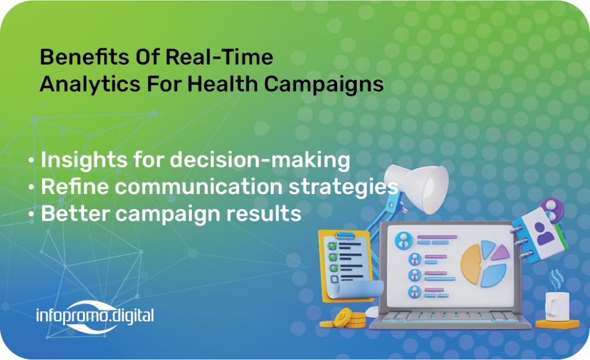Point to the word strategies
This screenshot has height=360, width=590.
coord(343,187)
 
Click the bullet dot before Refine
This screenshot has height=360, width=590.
coord(31,187)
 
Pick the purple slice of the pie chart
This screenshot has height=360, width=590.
coord(501,252)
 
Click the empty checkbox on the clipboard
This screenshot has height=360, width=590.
coord(334,279)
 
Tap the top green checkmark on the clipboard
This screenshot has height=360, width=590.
coord(332,245)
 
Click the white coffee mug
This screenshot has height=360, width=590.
coord(557,306)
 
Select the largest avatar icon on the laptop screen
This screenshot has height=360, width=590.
coord(404,240)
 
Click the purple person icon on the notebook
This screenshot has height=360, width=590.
coord(543,233)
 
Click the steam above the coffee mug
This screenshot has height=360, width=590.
coord(556,279)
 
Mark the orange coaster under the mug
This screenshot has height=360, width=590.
coord(557,324)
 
